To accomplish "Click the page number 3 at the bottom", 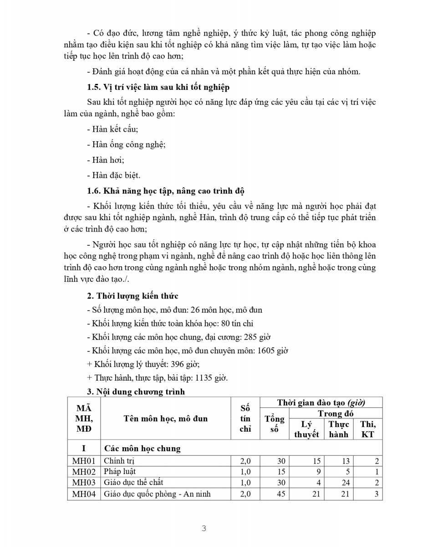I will point(204,529).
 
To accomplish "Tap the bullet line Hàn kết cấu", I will point(112,129).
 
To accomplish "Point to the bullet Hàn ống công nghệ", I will point(126,144).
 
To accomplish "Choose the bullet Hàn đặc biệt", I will point(114,175).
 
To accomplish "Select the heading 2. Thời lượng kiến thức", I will point(132,296).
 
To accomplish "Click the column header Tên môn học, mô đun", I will point(165,418).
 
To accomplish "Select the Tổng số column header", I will point(275,424).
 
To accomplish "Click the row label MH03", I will point(84,482).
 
